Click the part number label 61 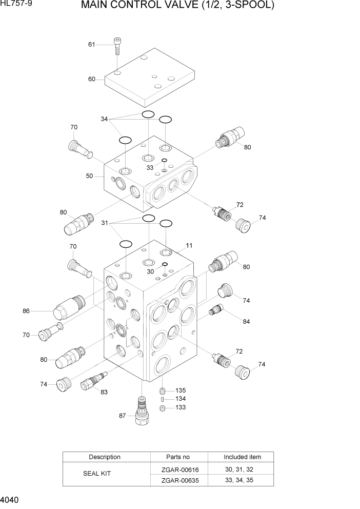pos(92,45)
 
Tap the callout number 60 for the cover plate pos(92,79)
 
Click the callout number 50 pos(90,176)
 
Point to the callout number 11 pos(189,245)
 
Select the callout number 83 pos(104,393)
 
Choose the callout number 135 pos(181,390)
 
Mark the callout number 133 pos(181,407)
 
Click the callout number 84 pos(246,322)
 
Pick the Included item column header pos(242,457)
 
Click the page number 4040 pos(10,500)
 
